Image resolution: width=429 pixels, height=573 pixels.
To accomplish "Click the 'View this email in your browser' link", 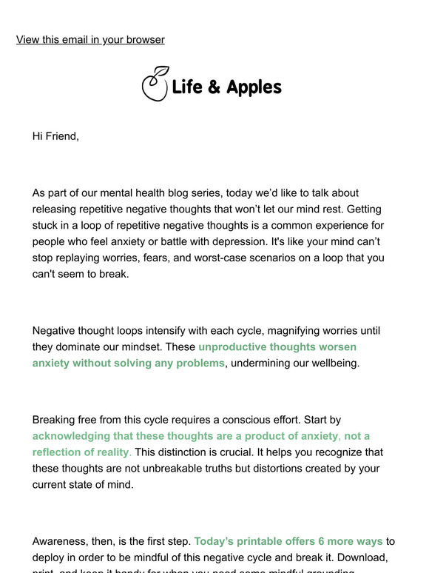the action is pyautogui.click(x=90, y=39).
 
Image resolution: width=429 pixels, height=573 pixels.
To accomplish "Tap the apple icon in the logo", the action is pyautogui.click(x=155, y=85).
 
